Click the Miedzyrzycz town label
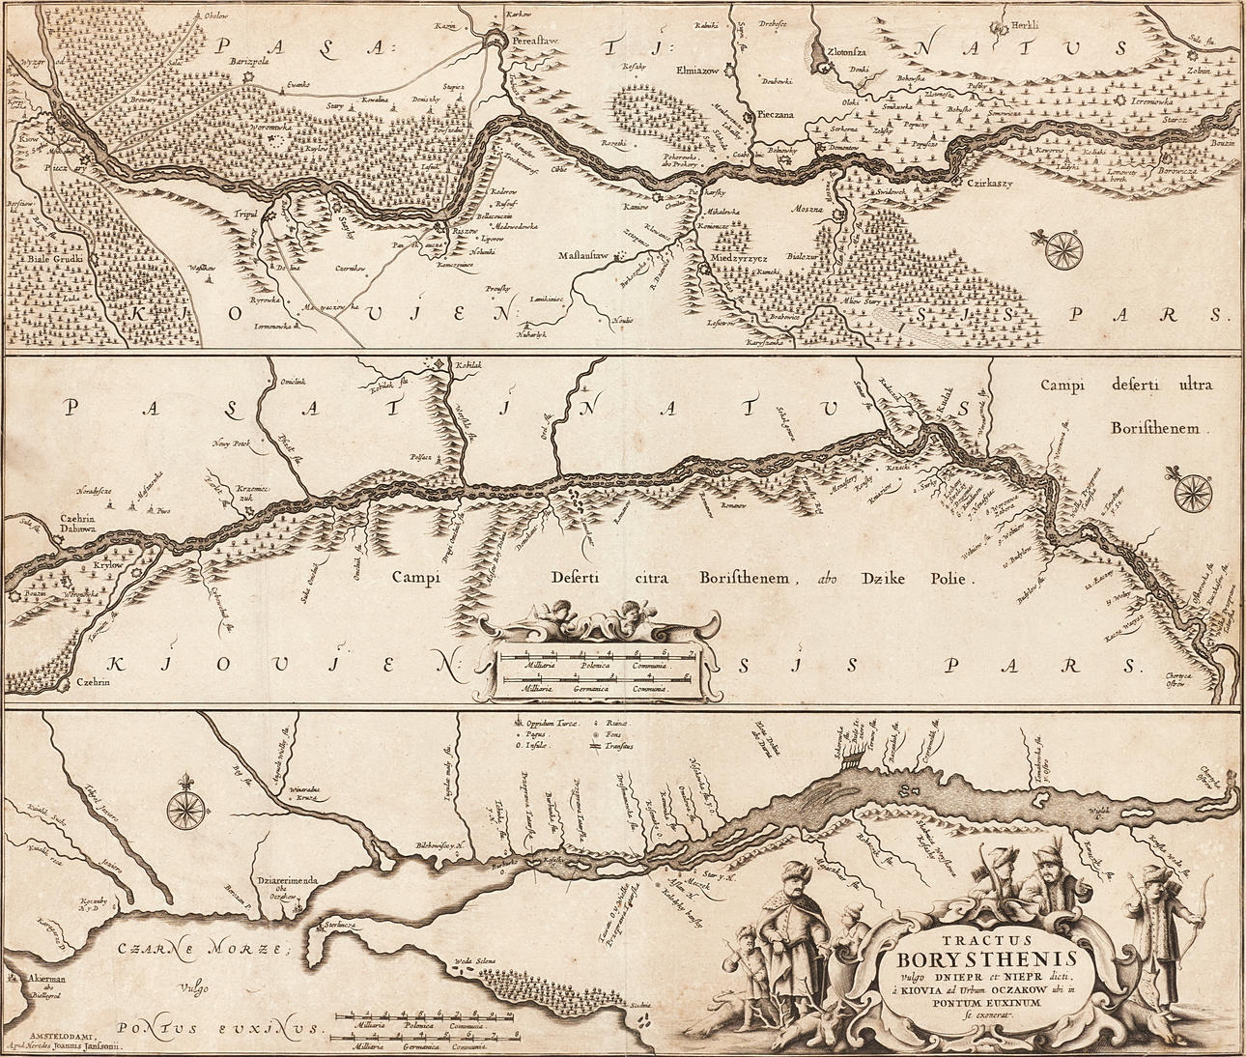click(x=739, y=259)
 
